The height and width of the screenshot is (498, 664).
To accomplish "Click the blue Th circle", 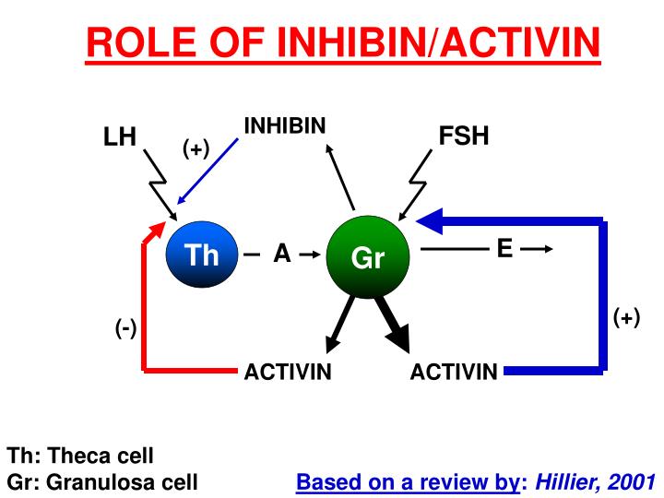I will click(x=201, y=254).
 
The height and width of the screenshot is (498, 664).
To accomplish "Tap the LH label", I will click(x=120, y=138).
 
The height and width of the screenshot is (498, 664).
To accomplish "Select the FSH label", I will click(x=463, y=136).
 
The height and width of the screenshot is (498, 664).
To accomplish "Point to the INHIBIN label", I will click(x=285, y=125).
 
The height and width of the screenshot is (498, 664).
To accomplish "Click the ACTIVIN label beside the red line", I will click(x=288, y=373).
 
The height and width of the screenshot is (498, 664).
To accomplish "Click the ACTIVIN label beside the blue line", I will click(x=454, y=373).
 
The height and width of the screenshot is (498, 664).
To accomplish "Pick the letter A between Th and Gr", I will click(x=282, y=255).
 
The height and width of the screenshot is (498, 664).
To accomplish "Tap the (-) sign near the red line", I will click(x=126, y=328).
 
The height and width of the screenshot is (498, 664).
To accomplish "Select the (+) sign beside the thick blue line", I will click(x=626, y=317).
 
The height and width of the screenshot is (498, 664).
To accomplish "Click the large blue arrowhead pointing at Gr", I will click(x=431, y=220).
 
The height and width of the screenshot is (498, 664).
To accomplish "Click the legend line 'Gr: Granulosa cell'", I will click(x=102, y=481).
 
